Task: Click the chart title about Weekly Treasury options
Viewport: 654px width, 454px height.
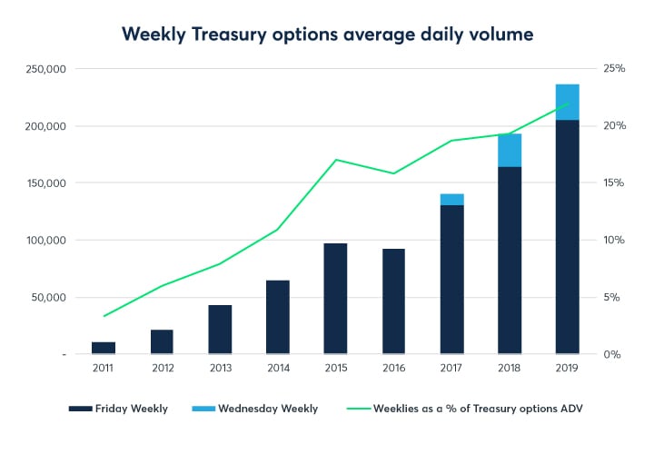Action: (327, 34)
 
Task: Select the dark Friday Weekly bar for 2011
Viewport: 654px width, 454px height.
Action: (104, 348)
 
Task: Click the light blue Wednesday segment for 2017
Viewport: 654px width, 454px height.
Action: (451, 200)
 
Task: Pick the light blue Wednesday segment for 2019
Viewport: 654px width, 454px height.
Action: (567, 102)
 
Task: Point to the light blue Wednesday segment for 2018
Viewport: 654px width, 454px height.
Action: (510, 151)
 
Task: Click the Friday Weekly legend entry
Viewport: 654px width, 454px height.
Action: (119, 409)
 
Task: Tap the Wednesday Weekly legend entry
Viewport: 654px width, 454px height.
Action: (257, 409)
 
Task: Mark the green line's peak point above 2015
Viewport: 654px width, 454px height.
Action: (335, 160)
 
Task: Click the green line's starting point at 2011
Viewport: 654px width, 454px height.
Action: (104, 316)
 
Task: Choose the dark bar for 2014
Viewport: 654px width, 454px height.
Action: (278, 317)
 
